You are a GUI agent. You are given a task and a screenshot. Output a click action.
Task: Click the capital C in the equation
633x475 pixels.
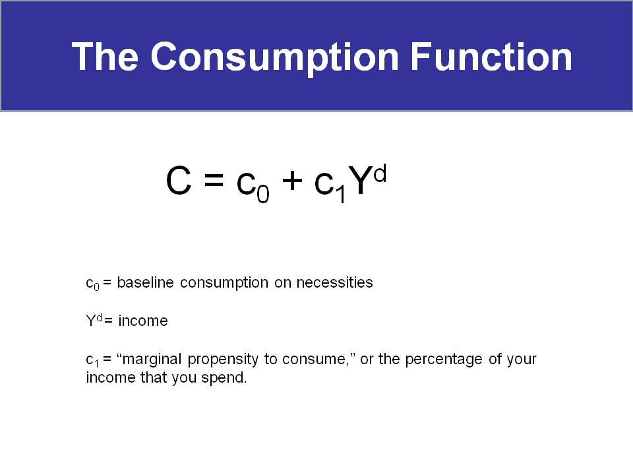[179, 181]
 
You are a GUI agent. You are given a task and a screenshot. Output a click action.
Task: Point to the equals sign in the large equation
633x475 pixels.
[214, 179]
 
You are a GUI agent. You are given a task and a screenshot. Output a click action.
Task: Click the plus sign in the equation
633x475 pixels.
[292, 180]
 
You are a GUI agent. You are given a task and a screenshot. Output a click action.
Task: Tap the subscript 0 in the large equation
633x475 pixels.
[263, 193]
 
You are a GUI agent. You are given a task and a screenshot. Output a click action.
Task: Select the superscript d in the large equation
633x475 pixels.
[380, 174]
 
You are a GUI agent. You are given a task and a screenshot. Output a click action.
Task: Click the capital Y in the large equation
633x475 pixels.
[360, 181]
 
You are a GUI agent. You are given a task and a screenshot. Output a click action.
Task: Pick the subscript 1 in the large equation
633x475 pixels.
[341, 193]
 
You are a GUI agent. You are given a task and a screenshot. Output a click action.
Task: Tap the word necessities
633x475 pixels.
[335, 282]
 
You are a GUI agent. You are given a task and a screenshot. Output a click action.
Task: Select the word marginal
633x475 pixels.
[152, 360]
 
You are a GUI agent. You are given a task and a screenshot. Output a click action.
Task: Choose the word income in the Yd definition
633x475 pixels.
[143, 321]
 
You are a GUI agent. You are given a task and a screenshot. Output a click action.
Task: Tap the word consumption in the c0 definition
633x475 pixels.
[224, 283]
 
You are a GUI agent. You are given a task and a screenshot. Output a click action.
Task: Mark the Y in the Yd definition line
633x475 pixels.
[91, 321]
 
